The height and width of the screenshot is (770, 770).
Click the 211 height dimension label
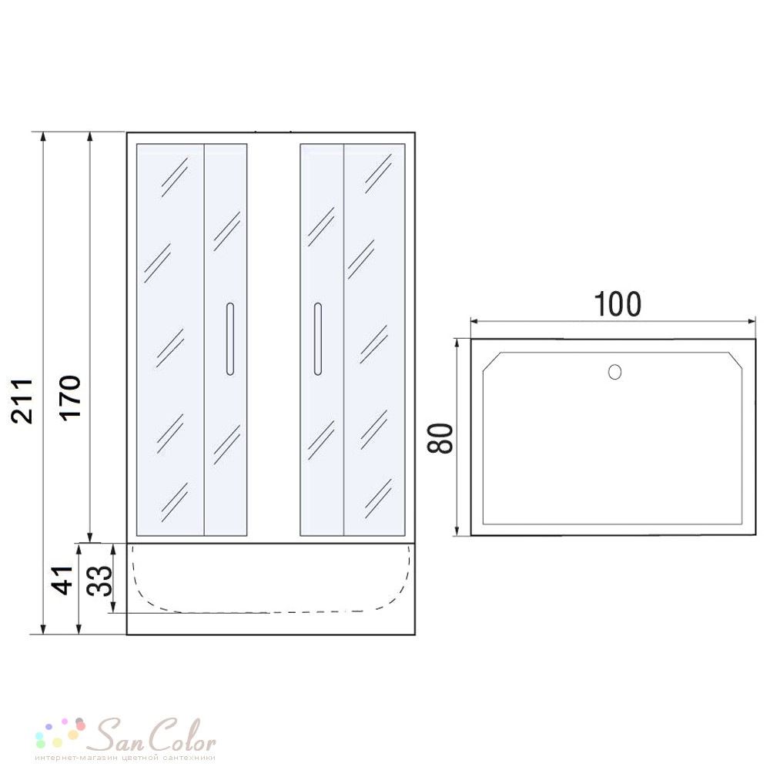tap(22, 400)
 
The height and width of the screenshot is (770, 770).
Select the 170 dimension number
tap(70, 397)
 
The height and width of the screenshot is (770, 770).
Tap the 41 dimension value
tap(62, 581)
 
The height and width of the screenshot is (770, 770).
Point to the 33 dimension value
tap(99, 581)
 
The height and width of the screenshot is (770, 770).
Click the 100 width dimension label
tap(618, 304)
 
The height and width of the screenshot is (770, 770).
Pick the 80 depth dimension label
tap(440, 438)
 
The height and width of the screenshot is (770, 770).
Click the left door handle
tap(229, 339)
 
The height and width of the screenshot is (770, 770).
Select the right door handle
tap(318, 339)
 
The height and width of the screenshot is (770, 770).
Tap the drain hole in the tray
tap(614, 372)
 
